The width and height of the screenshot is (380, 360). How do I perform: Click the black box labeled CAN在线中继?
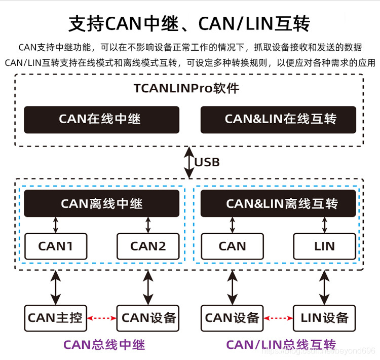point(101,120)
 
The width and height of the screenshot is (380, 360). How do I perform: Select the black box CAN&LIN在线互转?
point(278,120)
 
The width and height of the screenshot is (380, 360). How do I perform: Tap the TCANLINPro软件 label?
point(186,88)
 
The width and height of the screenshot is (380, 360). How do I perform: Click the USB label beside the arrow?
point(208,162)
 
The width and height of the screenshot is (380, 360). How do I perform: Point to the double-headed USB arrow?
point(189,162)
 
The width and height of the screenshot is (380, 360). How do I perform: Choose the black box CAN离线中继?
point(101,204)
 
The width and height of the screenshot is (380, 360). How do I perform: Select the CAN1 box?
point(55,246)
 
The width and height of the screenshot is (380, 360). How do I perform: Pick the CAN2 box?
point(148,246)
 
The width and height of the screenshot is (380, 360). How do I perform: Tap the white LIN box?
point(324,246)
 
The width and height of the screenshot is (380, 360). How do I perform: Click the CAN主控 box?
point(55,318)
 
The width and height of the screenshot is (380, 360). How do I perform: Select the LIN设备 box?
point(324,318)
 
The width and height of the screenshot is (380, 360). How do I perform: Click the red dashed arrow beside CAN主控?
point(102,318)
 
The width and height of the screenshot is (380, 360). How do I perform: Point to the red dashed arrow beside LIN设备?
point(278,318)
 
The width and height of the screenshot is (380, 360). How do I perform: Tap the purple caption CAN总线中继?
point(104,345)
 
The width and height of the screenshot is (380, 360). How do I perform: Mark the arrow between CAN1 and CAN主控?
point(55,287)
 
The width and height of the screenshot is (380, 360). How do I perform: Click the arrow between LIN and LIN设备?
point(324,287)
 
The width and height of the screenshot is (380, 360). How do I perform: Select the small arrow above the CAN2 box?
point(148,225)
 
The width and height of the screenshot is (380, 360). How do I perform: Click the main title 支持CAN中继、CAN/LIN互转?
point(189,23)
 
